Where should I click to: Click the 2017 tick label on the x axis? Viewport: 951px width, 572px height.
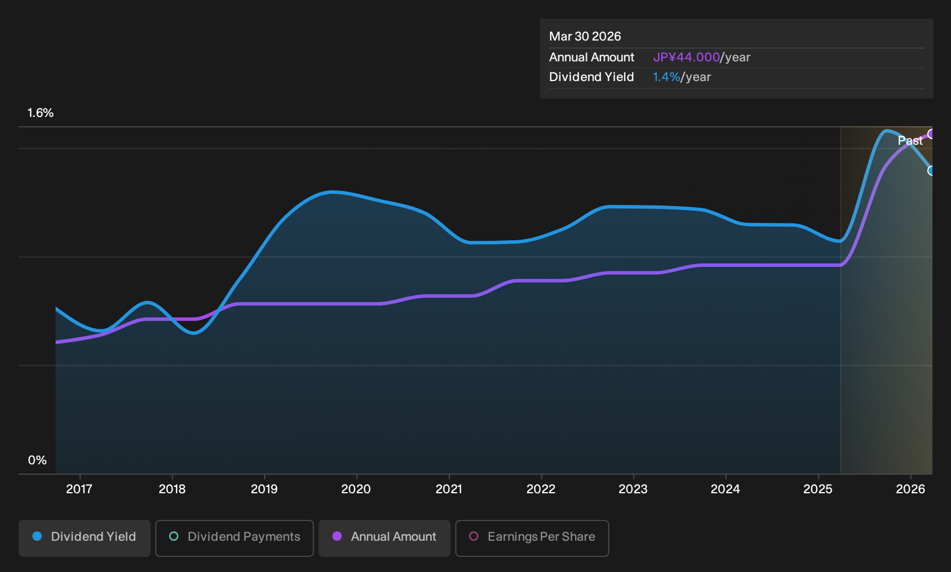coord(79,489)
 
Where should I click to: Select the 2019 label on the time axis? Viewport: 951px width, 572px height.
coord(264,489)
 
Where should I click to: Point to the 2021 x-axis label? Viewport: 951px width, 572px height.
coord(449,489)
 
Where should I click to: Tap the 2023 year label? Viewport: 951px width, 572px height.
coord(633,489)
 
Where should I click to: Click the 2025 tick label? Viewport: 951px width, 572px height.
coord(818,489)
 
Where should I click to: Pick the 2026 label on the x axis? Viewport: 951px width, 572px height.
coord(910,489)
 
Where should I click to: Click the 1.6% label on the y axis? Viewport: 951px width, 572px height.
coord(41,113)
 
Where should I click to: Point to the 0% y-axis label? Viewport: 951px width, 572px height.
coord(38,460)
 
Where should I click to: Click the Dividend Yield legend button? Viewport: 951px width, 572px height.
coord(85,538)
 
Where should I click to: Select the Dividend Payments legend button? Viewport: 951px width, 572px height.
coord(235,538)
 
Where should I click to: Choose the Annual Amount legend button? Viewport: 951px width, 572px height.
coord(384,538)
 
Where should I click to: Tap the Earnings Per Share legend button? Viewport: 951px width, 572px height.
coord(532,538)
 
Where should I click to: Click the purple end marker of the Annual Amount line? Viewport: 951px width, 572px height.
coord(931,134)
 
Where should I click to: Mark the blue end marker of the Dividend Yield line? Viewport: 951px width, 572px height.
coord(931,171)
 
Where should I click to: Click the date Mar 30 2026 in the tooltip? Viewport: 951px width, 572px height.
coord(585,36)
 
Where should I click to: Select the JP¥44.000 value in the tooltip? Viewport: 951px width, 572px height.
coord(686,57)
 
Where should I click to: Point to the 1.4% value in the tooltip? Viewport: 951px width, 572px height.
coord(667,77)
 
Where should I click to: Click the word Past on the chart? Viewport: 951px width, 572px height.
coord(910,141)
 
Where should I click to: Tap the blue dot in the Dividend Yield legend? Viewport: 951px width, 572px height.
coord(38,536)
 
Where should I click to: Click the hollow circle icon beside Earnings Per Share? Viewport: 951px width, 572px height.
coord(473,536)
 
